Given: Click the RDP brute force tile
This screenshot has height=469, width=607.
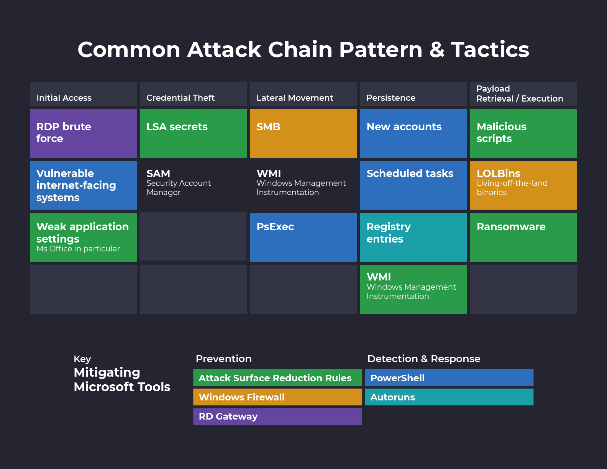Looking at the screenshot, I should [x=83, y=133].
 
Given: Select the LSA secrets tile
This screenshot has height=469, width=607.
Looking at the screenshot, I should [x=193, y=133].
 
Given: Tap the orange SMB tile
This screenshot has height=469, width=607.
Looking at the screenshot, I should [x=303, y=133].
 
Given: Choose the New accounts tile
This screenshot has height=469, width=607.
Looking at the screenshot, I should [x=413, y=133].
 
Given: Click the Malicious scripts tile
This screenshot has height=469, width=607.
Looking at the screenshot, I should [x=523, y=133].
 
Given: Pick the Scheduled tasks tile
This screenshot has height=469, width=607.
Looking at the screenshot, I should [x=413, y=185].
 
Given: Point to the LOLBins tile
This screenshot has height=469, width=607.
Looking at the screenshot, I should [x=523, y=185].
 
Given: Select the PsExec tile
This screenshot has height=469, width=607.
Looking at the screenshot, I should [x=303, y=237].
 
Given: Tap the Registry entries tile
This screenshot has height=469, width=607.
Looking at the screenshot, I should [x=413, y=237].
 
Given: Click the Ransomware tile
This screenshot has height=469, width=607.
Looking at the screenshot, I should [x=523, y=237].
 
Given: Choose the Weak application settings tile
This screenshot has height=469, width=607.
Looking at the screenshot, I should [x=83, y=237].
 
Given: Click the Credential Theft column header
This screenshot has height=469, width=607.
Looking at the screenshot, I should [x=193, y=94].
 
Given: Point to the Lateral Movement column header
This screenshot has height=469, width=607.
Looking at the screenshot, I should [x=303, y=94].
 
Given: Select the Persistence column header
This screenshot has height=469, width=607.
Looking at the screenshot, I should [x=413, y=94].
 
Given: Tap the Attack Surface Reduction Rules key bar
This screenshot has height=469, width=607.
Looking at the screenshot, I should [x=277, y=378].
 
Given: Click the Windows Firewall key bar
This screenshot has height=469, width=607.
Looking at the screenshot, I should [x=277, y=397].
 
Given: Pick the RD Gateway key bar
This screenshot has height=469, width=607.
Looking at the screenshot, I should [x=277, y=417].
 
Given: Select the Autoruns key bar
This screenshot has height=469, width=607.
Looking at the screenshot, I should [x=449, y=397].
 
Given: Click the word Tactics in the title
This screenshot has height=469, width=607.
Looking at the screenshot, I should [x=490, y=50].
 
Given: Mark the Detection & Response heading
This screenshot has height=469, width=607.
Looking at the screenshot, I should [x=423, y=359].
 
